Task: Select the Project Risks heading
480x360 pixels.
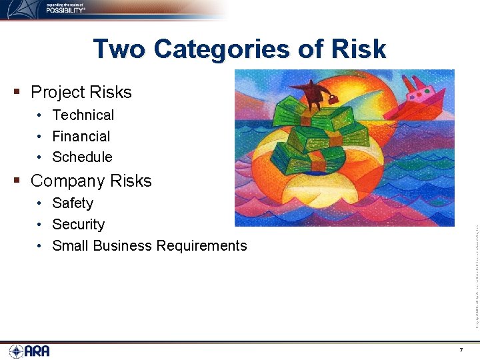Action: pyautogui.click(x=81, y=92)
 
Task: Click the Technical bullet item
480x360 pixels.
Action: pyautogui.click(x=83, y=115)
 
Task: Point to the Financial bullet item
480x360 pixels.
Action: pyautogui.click(x=81, y=137)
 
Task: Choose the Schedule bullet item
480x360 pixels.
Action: pyautogui.click(x=82, y=157)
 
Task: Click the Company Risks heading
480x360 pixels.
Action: pyautogui.click(x=91, y=181)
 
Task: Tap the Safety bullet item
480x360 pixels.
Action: pyautogui.click(x=72, y=203)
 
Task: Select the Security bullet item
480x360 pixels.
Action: pyautogui.click(x=78, y=225)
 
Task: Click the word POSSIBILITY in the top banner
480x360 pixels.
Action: pyautogui.click(x=65, y=10)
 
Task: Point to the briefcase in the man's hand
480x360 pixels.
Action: pyautogui.click(x=331, y=99)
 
